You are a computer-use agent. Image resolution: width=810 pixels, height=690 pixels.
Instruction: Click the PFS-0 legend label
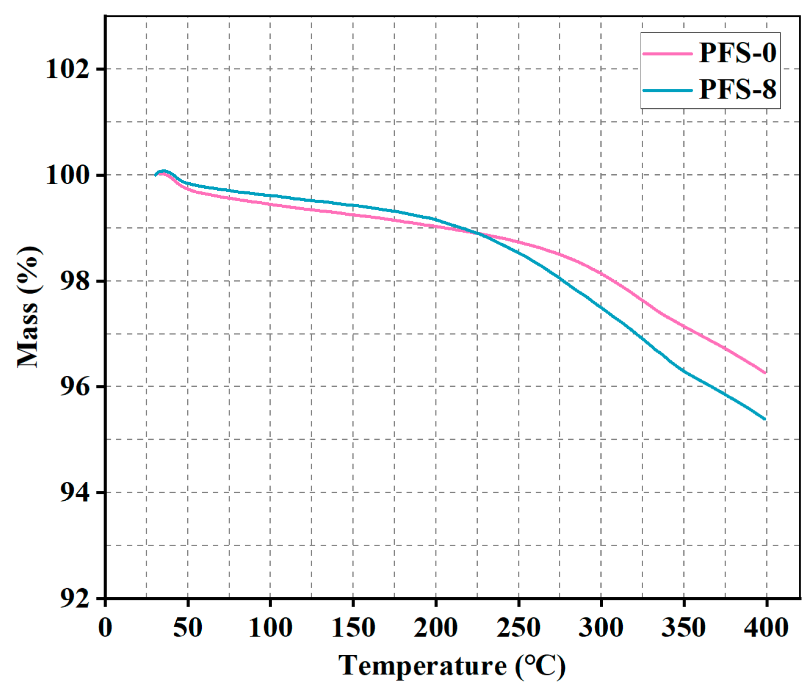point(737,52)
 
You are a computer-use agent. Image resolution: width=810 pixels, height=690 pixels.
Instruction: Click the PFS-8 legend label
point(737,89)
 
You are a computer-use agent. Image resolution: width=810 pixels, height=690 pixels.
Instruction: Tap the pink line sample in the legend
point(668,53)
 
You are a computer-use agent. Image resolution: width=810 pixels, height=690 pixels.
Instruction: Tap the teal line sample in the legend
point(668,90)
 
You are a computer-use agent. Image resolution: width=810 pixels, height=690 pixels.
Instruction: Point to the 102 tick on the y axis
point(67,69)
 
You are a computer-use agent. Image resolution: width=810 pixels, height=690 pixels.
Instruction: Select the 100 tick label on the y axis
point(67,175)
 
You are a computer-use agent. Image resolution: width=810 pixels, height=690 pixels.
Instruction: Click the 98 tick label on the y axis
point(75,281)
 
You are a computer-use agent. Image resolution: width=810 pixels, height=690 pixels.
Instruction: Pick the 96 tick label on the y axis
point(75,386)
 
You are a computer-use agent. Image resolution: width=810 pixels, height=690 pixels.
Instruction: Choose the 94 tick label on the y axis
point(75,492)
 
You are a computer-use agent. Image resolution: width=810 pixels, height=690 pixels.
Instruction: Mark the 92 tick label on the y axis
point(75,598)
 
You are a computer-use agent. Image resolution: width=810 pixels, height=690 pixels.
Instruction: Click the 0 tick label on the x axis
point(105,627)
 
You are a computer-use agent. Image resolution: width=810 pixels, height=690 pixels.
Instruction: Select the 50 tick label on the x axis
point(188,627)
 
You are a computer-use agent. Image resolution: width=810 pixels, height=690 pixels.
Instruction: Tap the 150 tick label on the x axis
point(353,627)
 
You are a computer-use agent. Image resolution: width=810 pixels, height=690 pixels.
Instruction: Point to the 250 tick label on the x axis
point(518,627)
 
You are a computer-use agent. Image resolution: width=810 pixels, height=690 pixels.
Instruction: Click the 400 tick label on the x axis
point(766,627)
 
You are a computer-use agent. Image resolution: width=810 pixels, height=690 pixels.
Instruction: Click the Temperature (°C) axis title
point(452,666)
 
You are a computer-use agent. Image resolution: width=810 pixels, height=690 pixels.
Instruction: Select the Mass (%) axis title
point(28,307)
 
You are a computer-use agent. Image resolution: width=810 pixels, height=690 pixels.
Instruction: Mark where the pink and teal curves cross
point(478,233)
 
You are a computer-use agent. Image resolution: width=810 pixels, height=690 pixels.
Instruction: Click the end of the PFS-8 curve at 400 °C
point(765,419)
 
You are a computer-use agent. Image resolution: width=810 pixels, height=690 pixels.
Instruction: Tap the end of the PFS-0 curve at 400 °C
point(765,372)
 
